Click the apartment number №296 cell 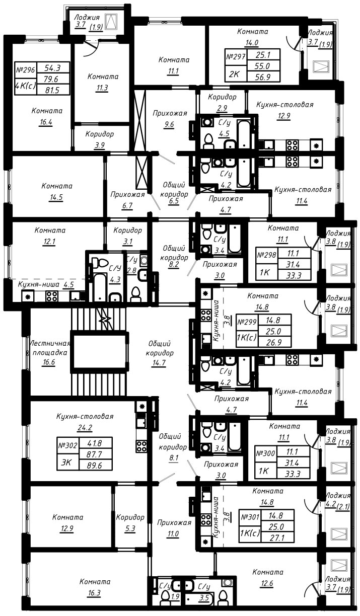(x=26, y=70)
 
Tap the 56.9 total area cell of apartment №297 (x=264, y=76)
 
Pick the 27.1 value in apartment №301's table (x=277, y=537)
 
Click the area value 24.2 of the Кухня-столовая (x=85, y=428)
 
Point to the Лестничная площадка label (x=50, y=348)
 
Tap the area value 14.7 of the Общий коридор (x=159, y=363)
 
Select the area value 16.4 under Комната (x=46, y=122)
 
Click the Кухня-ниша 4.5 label (x=46, y=284)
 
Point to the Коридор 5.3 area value (x=130, y=528)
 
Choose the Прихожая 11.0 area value (x=173, y=534)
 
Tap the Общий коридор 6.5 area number (x=174, y=201)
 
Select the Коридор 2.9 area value (x=222, y=108)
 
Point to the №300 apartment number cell (x=266, y=453)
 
